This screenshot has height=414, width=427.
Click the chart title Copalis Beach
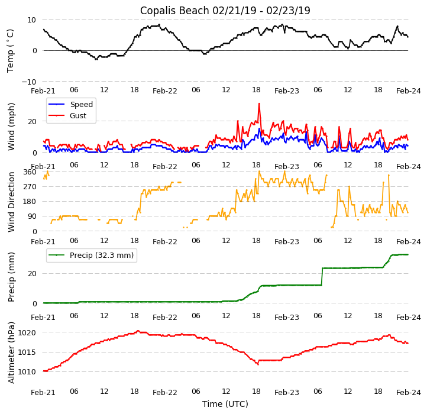pyautogui.click(x=225, y=11)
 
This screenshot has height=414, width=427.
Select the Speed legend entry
pyautogui.click(x=81, y=105)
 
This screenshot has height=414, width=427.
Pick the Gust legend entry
pyautogui.click(x=79, y=116)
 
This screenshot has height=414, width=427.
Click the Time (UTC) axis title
pyautogui.click(x=225, y=404)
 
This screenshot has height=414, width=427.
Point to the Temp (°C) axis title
pyautogui.click(x=11, y=50)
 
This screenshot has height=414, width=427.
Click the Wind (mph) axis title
pyautogui.click(x=11, y=126)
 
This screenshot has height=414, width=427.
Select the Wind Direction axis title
pyautogui.click(x=11, y=201)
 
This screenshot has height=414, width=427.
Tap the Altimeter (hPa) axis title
pyautogui.click(x=11, y=352)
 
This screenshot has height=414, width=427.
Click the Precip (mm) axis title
pyautogui.click(x=11, y=277)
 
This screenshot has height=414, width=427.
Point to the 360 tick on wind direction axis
pyautogui.click(x=30, y=172)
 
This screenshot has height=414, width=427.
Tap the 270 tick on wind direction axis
pyautogui.click(x=30, y=187)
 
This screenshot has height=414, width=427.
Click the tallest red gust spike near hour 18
pyautogui.click(x=258, y=105)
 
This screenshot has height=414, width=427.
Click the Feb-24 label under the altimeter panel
pyautogui.click(x=409, y=393)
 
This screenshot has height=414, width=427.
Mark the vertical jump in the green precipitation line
pyautogui.click(x=322, y=276)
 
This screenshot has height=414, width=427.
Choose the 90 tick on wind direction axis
pyautogui.click(x=32, y=216)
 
